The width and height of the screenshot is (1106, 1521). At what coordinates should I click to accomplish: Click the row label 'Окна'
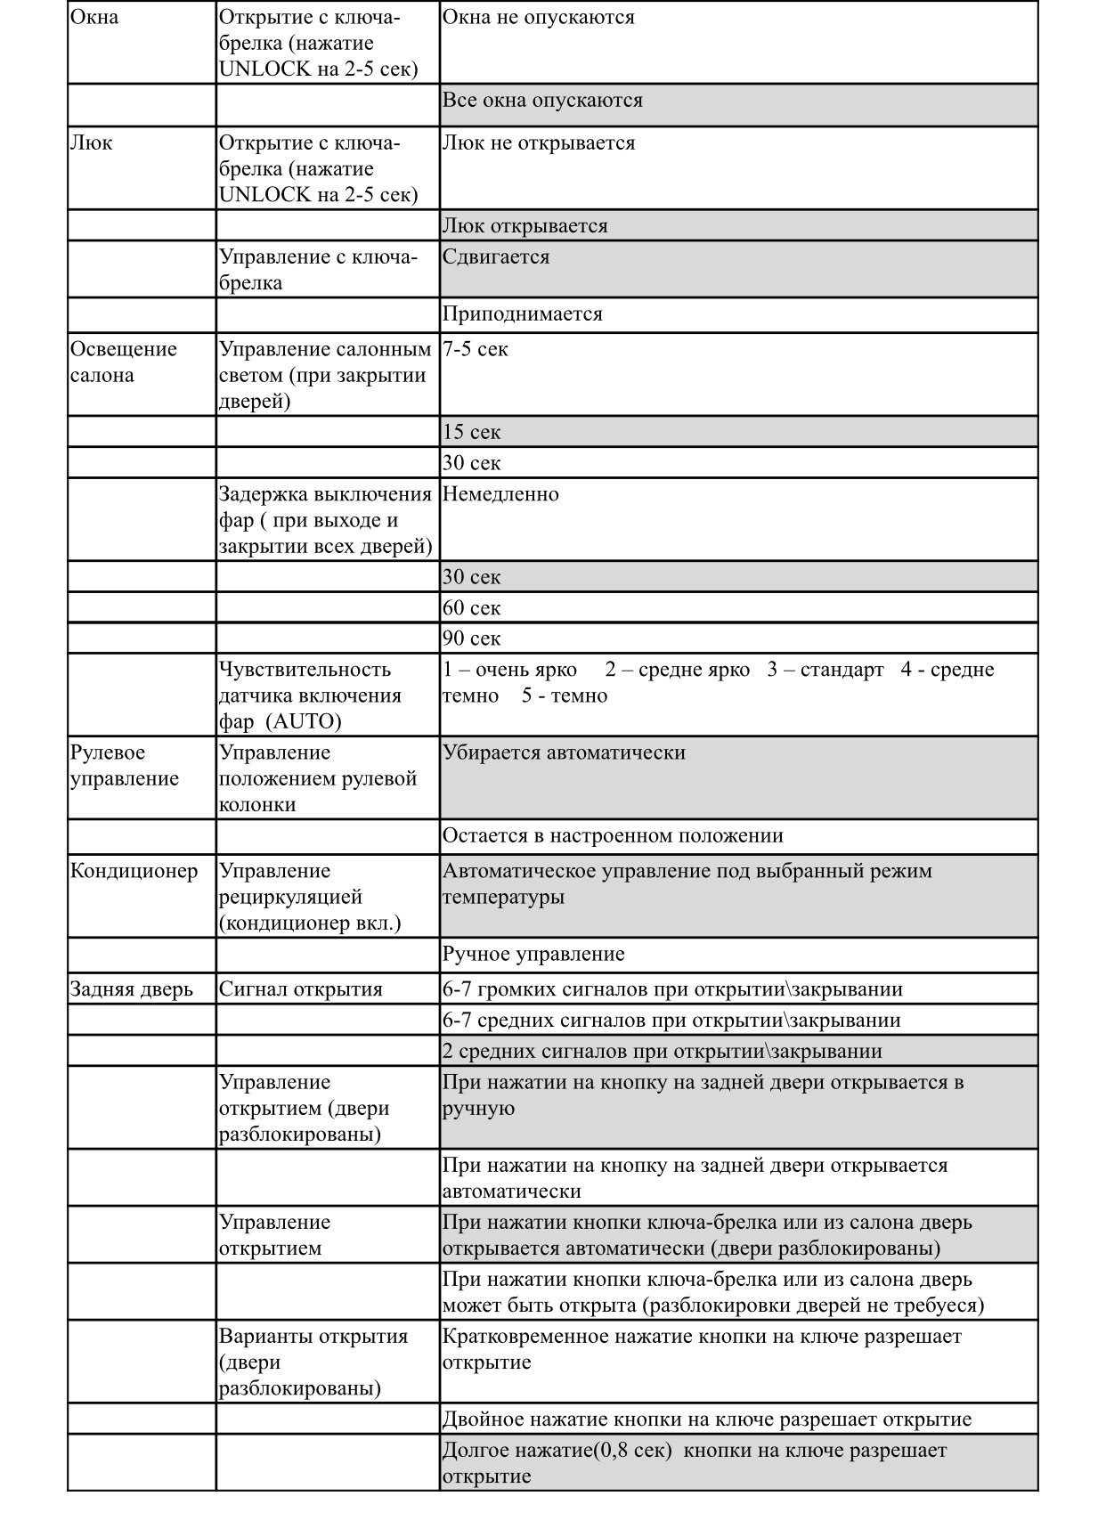[94, 18]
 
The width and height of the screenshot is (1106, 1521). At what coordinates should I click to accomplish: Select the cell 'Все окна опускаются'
[542, 101]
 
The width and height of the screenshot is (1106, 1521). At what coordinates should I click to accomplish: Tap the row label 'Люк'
[92, 143]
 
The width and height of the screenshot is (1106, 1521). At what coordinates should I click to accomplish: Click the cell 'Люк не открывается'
[539, 143]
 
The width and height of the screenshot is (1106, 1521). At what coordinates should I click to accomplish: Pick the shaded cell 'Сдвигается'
[496, 257]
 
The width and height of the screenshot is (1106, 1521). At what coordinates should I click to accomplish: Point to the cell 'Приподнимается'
[523, 314]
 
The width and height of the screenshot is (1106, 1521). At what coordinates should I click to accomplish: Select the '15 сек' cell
[472, 432]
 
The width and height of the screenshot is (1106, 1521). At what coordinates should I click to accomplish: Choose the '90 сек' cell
[472, 638]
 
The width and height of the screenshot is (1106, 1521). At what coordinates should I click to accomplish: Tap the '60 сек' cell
[472, 608]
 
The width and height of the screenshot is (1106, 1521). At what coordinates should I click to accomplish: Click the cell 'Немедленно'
[500, 494]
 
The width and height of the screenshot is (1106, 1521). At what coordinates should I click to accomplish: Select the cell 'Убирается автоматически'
[564, 752]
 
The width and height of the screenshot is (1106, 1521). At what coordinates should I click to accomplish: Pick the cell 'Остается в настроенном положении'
[613, 836]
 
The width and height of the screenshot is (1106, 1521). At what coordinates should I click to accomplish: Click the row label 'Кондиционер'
[134, 871]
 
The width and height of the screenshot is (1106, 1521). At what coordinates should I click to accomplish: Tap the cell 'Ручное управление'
[533, 955]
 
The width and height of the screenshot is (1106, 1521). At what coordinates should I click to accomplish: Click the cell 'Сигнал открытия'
[301, 989]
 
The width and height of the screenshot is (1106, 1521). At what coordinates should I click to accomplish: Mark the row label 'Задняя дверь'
[132, 989]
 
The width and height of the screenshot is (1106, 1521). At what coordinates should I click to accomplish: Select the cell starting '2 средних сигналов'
[662, 1052]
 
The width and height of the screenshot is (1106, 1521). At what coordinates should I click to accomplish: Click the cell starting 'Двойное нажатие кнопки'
[706, 1419]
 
